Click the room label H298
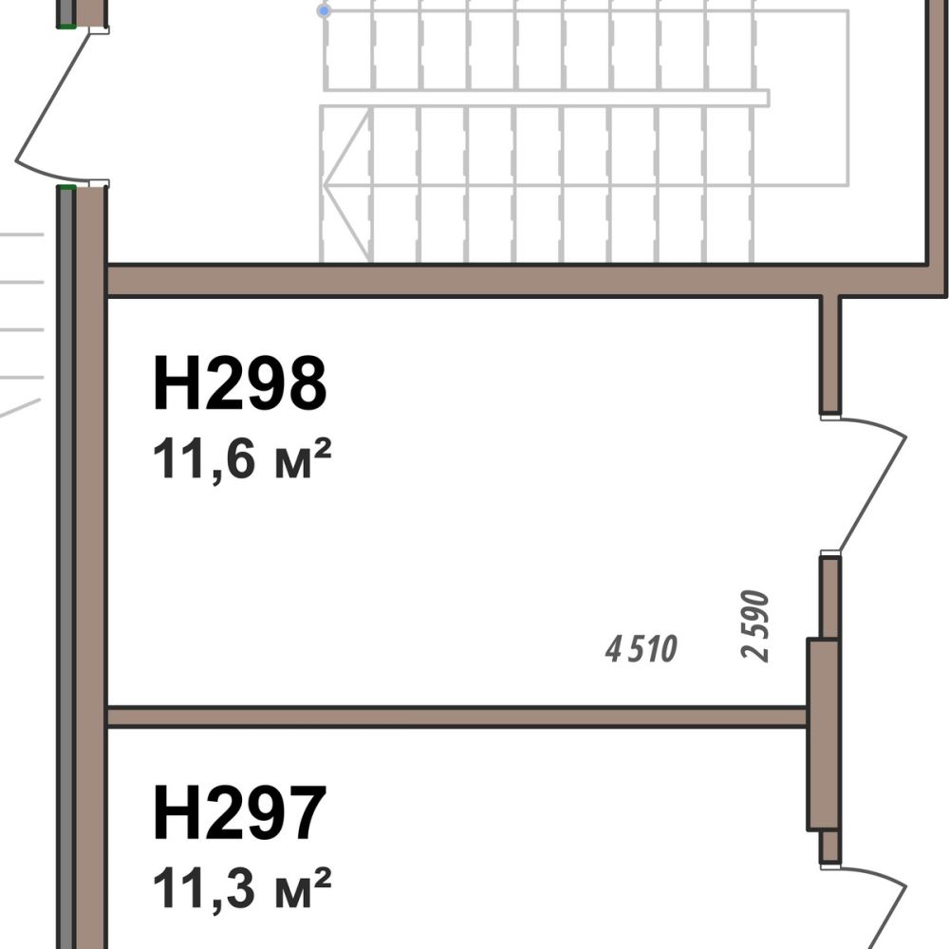click(240, 383)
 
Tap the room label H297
click(240, 813)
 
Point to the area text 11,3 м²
click(242, 888)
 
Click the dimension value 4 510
click(641, 649)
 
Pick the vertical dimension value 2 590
click(754, 625)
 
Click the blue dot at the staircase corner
click(325, 10)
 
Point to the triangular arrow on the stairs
click(346, 185)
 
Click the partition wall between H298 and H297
click(457, 717)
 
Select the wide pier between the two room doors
click(823, 735)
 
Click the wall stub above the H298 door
click(830, 355)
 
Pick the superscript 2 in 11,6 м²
click(323, 450)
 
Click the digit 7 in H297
click(306, 813)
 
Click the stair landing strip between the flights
click(546, 98)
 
